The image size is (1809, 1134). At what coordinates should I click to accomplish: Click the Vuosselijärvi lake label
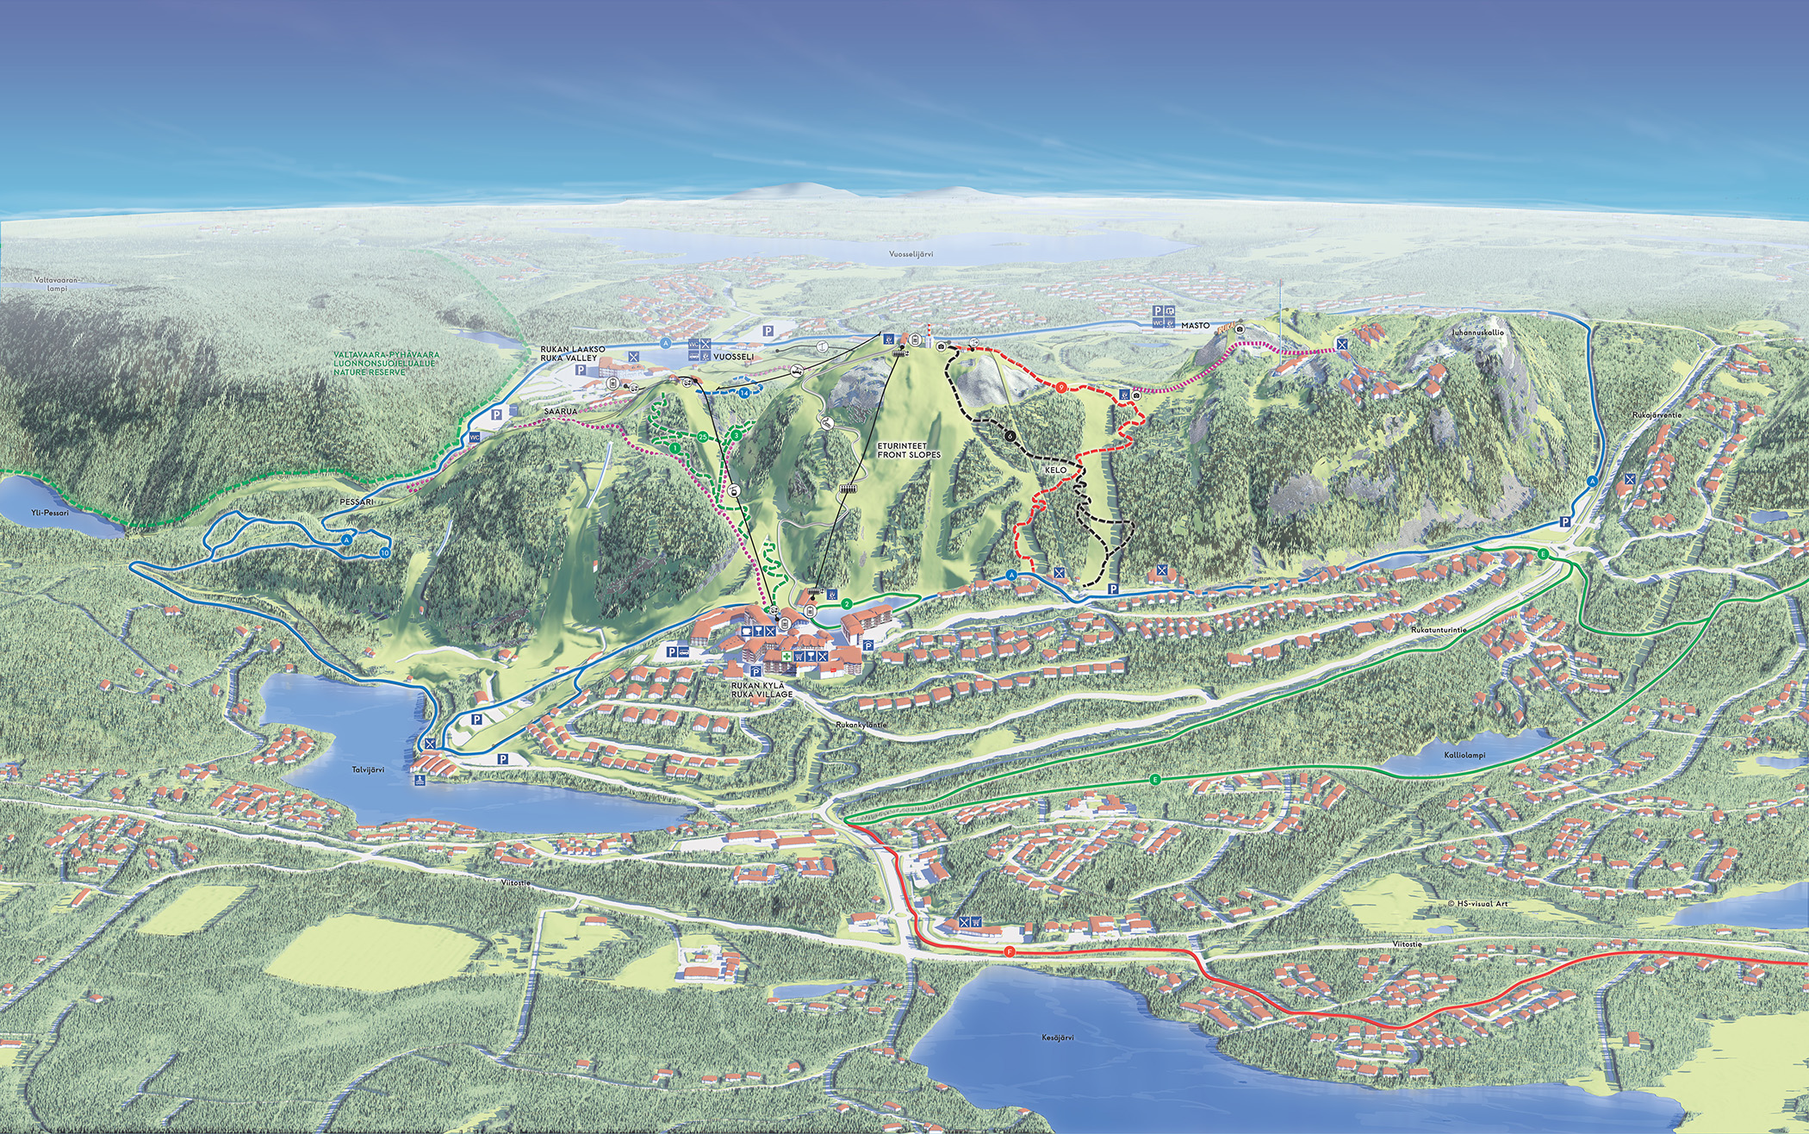click(x=911, y=254)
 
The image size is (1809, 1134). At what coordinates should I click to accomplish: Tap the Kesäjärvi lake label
click(x=1057, y=1038)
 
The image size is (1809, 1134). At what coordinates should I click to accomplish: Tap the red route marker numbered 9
click(x=1062, y=388)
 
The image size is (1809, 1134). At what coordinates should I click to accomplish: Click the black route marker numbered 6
click(x=1008, y=436)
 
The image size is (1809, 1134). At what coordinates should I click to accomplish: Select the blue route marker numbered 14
click(x=743, y=393)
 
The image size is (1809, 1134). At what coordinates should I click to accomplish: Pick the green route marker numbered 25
click(x=703, y=437)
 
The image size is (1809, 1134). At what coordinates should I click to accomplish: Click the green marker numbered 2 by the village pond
click(x=848, y=604)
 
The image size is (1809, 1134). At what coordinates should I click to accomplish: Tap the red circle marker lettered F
click(x=1009, y=952)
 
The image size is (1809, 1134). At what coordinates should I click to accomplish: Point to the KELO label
click(x=1055, y=470)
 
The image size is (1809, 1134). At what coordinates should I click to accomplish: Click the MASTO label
click(x=1195, y=326)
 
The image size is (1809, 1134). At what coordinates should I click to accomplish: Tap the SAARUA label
click(x=560, y=412)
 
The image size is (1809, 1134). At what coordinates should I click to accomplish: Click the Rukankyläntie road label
click(x=861, y=726)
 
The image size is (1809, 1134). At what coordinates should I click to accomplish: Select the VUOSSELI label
click(x=733, y=357)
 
